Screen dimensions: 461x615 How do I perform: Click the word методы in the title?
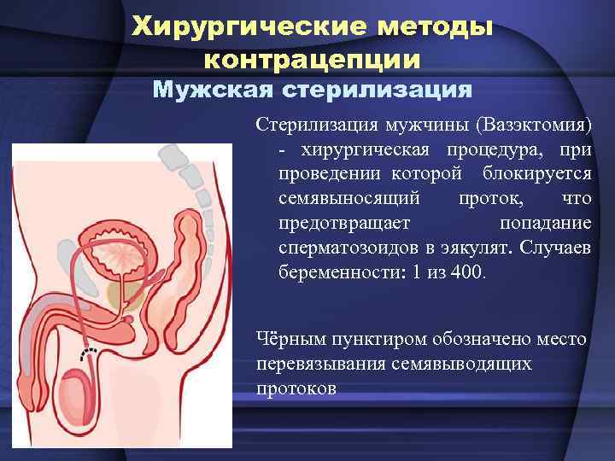pyautogui.click(x=438, y=26)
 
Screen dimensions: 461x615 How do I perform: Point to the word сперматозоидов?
pyautogui.click(x=340, y=248)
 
